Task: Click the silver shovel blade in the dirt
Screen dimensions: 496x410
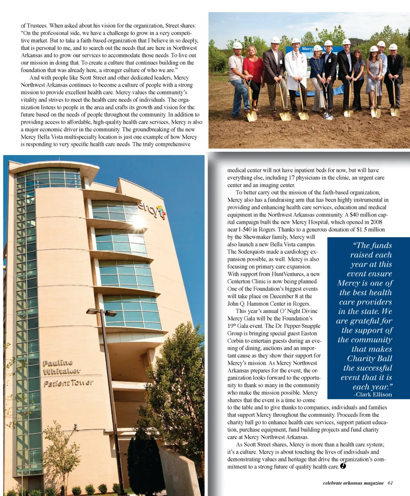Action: [328, 115]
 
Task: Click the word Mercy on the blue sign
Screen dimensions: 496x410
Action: [308, 49]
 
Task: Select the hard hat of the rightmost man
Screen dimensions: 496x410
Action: [393, 47]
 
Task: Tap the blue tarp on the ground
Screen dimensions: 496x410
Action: [337, 91]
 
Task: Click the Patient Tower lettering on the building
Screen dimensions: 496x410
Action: [68, 383]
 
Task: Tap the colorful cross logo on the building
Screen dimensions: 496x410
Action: [161, 212]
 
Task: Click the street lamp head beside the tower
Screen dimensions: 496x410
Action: [101, 312]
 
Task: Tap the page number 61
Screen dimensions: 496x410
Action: [390, 483]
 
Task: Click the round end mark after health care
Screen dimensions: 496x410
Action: [343, 466]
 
